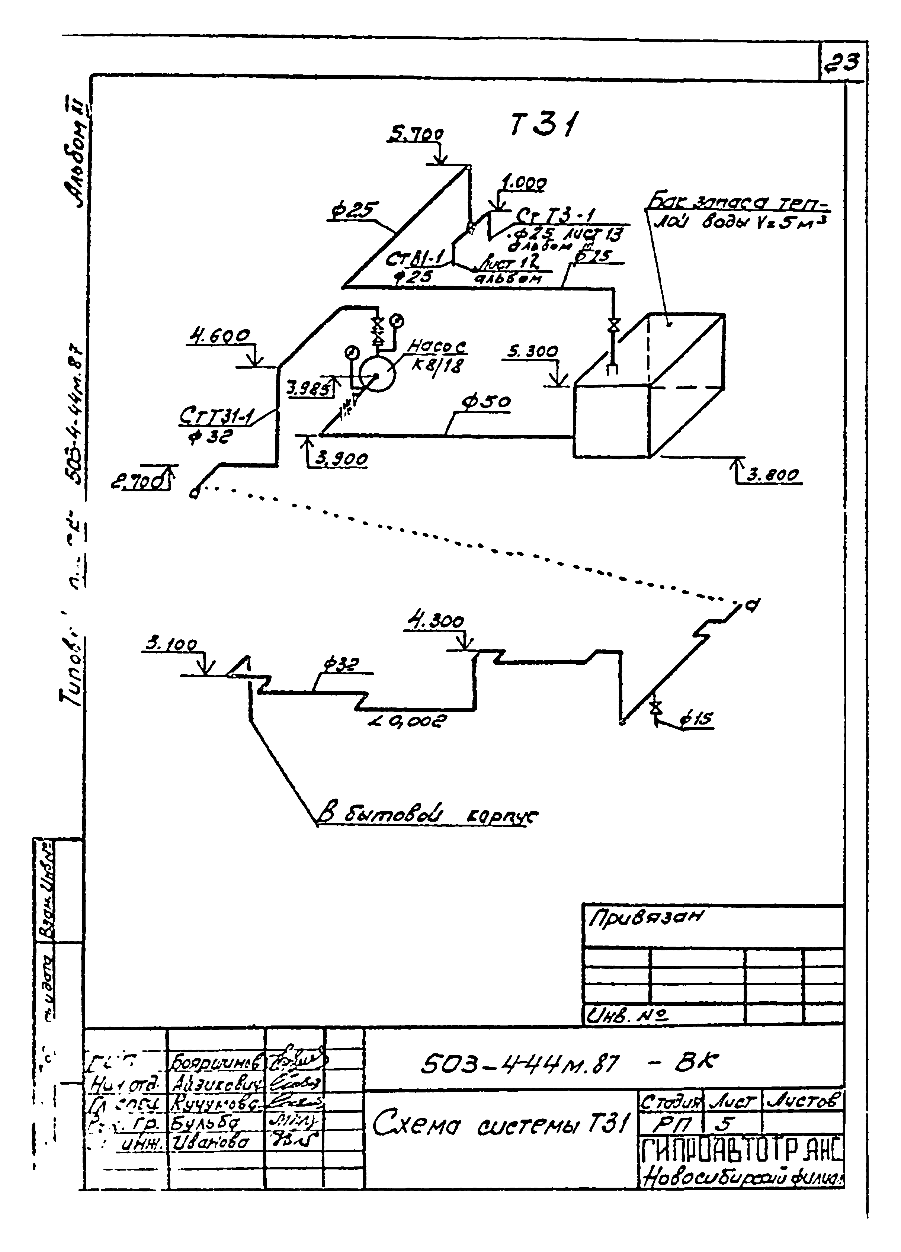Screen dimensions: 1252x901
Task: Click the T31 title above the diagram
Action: click(542, 126)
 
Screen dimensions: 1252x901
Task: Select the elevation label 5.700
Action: click(417, 135)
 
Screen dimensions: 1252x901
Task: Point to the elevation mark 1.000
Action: click(524, 184)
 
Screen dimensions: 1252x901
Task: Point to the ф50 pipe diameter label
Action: click(486, 402)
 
